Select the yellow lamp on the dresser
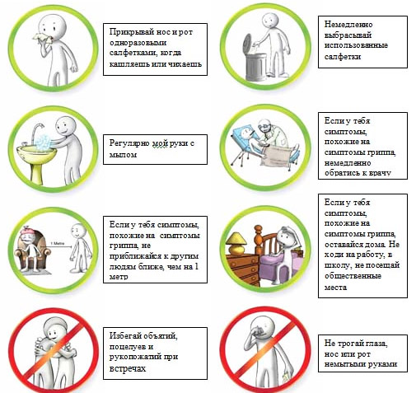click(x=236, y=243)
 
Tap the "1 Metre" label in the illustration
click(x=57, y=243)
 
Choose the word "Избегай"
click(x=127, y=335)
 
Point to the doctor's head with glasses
click(x=264, y=125)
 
